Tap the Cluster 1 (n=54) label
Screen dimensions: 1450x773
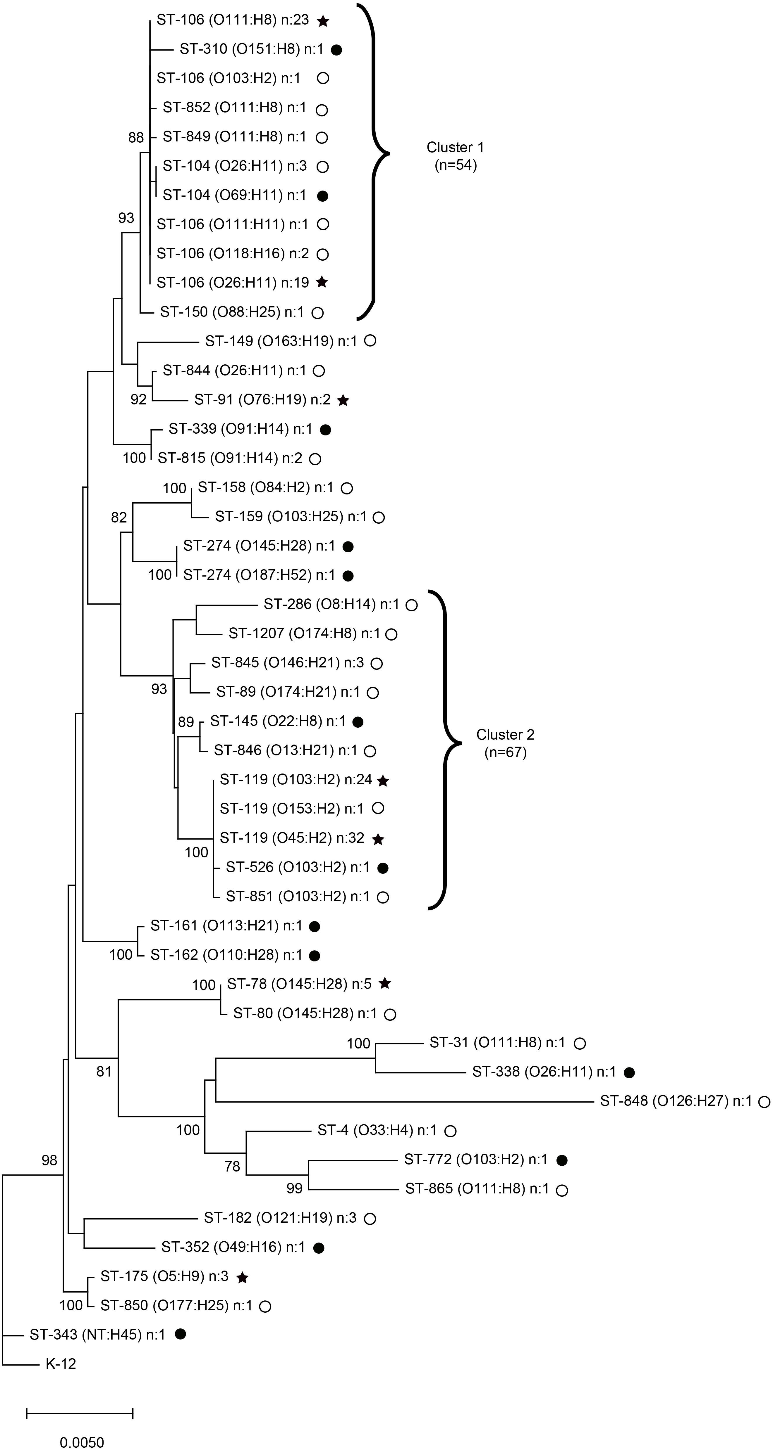pos(455,156)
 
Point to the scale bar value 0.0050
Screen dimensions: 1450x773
pos(82,1442)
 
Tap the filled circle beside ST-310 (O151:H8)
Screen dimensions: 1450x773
pos(336,50)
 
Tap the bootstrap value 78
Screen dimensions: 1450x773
pos(232,1166)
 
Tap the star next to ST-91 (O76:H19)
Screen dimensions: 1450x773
pos(343,400)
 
